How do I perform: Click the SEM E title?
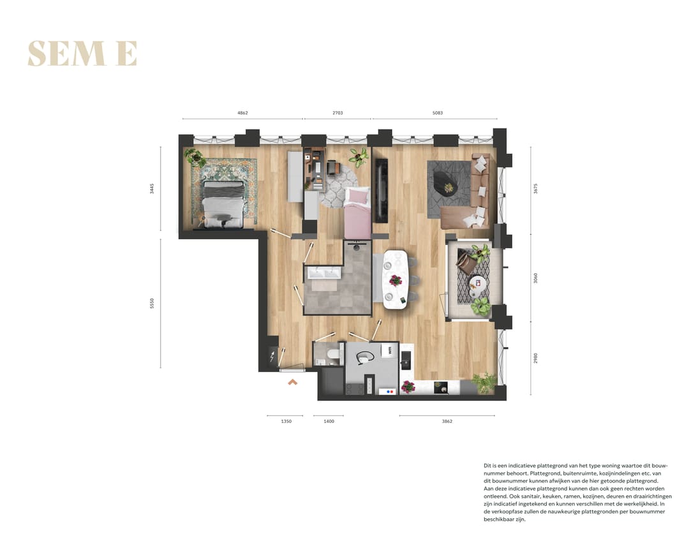click(82, 54)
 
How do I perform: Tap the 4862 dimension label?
click(242, 113)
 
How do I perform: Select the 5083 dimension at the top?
click(437, 113)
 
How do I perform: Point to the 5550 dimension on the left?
click(152, 303)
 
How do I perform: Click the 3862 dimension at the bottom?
click(447, 421)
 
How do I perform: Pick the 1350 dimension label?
click(286, 421)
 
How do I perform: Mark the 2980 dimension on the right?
click(536, 359)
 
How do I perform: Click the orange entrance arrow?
click(292, 382)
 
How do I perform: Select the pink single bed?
click(358, 214)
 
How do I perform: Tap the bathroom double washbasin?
click(325, 274)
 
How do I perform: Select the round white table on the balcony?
click(477, 283)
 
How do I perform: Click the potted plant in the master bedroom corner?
click(194, 157)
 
